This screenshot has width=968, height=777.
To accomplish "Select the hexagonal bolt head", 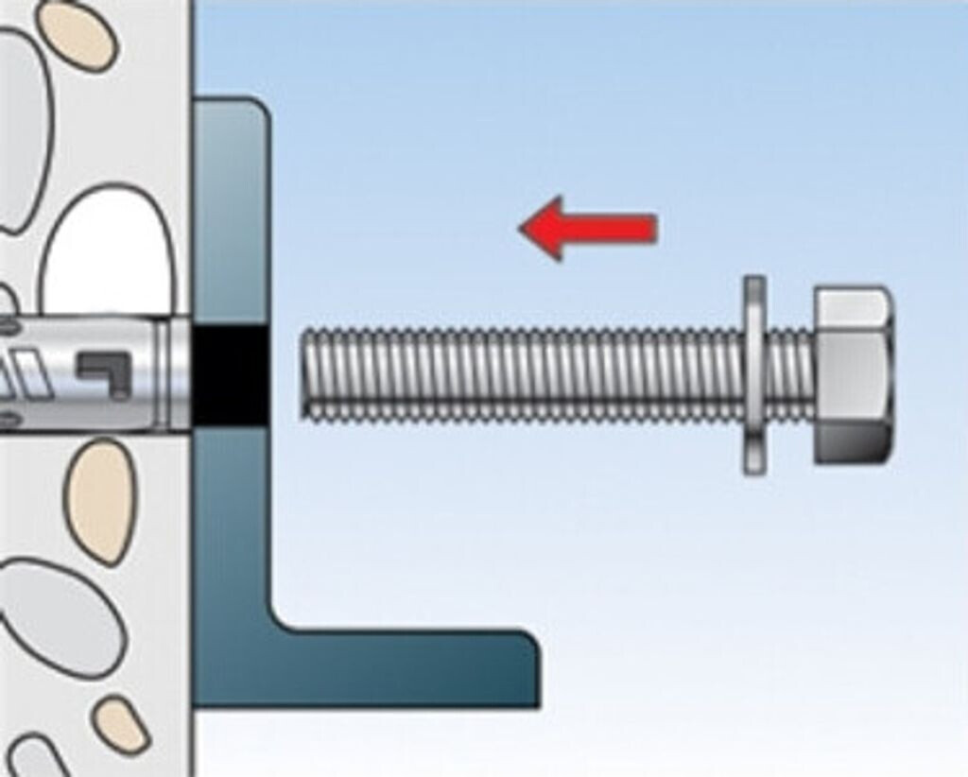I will click(x=853, y=374).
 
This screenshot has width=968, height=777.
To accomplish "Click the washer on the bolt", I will click(x=753, y=375).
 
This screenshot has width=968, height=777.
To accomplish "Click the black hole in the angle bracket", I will click(x=230, y=374).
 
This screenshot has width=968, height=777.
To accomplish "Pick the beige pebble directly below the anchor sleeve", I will click(x=100, y=502).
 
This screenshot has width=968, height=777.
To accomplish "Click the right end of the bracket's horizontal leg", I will click(x=529, y=667).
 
